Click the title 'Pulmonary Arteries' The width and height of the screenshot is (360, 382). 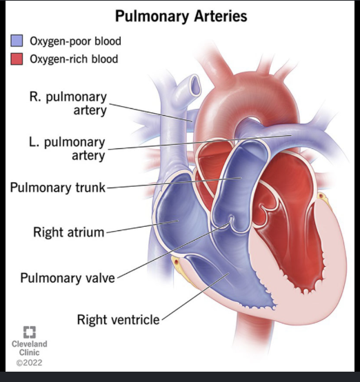(181, 17)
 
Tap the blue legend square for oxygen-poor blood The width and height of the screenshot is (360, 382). (17, 41)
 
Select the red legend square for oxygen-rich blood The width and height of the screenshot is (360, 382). (17, 59)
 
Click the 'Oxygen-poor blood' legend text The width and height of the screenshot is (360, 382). (75, 41)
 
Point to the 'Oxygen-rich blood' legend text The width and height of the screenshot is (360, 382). (74, 59)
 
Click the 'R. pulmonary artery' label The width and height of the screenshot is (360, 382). (68, 103)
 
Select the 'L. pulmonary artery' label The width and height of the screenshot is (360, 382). (67, 149)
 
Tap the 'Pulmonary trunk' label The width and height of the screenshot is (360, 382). (58, 188)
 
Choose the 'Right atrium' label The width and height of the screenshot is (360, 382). (69, 232)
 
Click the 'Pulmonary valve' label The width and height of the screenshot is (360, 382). (68, 278)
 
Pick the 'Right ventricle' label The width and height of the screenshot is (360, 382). (118, 320)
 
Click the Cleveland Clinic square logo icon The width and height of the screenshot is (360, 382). (30, 332)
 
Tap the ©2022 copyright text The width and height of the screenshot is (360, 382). (29, 363)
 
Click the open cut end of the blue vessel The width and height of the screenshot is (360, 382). (195, 85)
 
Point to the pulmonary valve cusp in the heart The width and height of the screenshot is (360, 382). (230, 221)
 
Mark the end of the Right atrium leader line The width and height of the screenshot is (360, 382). (178, 221)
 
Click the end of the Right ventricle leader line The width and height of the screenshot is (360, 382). (229, 273)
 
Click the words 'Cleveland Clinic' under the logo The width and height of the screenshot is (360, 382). (29, 348)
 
